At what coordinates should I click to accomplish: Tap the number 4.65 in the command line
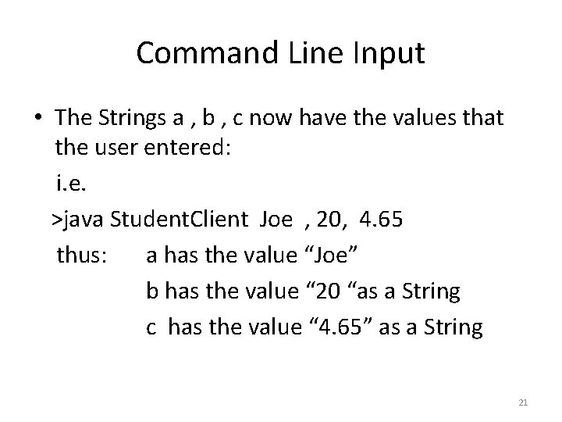tap(382, 220)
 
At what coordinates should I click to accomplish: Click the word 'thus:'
tap(81, 256)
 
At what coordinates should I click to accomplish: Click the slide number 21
tap(523, 402)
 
